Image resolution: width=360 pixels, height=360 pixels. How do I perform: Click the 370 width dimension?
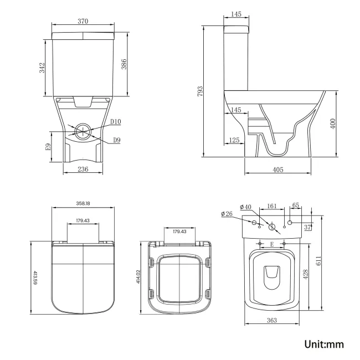coord(83,21)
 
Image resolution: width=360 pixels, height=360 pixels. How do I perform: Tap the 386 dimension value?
coord(125,65)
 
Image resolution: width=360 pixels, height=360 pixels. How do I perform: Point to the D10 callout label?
coord(115,121)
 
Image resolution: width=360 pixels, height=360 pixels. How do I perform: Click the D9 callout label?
coord(117,140)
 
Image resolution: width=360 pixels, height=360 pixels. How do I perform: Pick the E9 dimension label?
coord(48,147)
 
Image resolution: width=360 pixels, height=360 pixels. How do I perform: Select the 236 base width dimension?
coord(83,170)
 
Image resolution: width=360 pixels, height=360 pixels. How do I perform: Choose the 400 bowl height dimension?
coord(333,123)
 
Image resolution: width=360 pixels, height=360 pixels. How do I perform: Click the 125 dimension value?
coord(234,140)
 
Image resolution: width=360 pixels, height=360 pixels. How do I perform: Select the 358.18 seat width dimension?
coord(83,203)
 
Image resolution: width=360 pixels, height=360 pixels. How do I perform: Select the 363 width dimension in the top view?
coord(271,320)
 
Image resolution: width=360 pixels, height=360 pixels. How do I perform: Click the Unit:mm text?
coord(324,344)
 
